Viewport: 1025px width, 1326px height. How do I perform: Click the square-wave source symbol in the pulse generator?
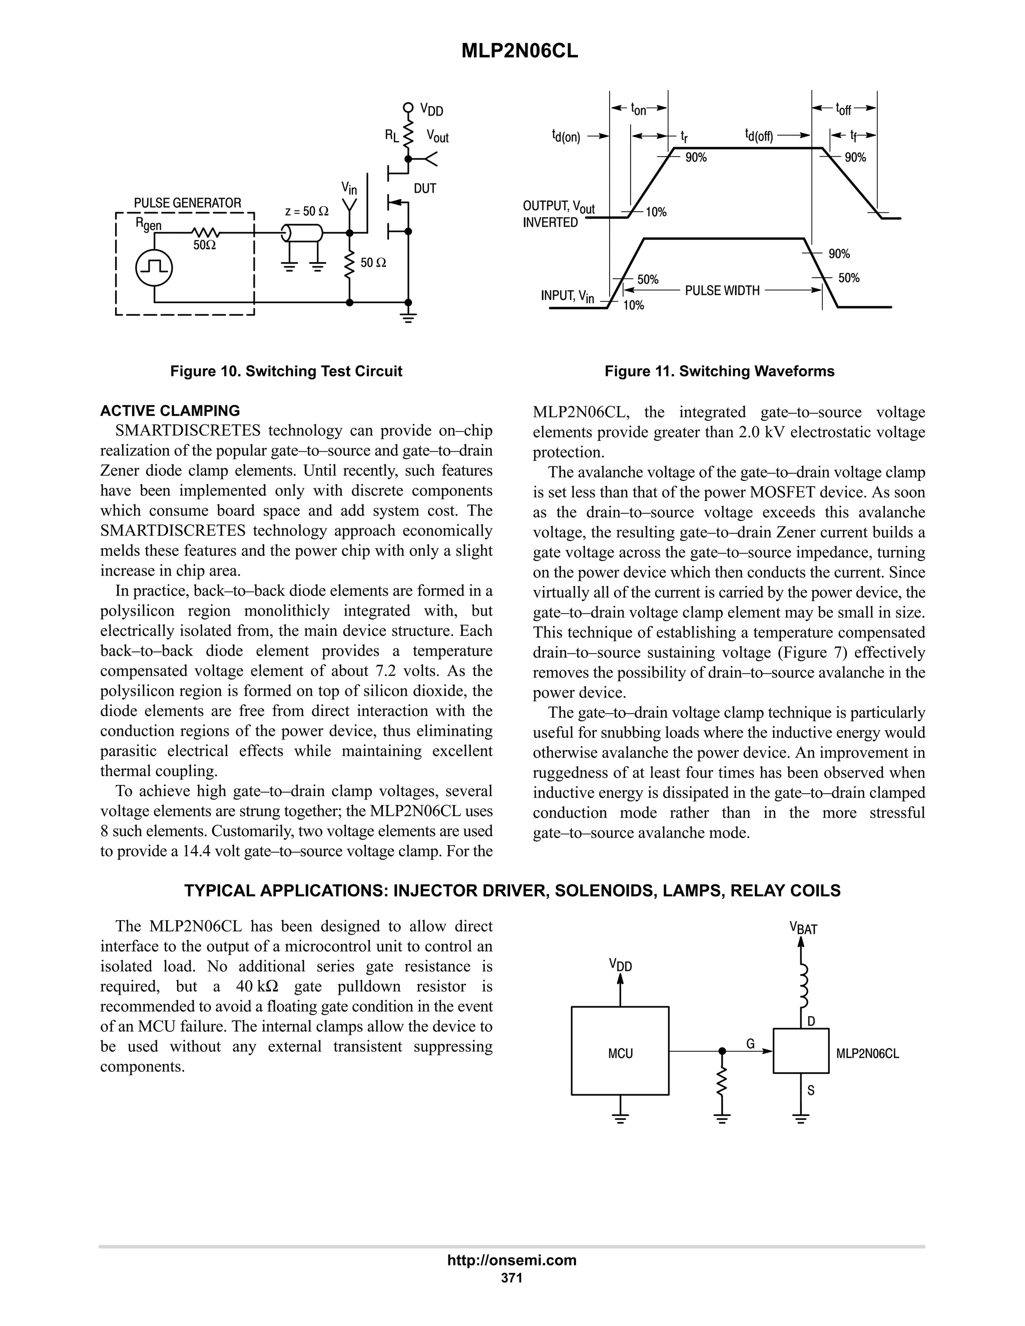pyautogui.click(x=154, y=268)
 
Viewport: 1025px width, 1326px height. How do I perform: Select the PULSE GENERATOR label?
pyautogui.click(x=187, y=203)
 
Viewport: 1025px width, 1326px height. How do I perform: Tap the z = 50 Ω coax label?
pyautogui.click(x=307, y=211)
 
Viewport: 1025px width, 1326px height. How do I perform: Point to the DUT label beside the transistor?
pyautogui.click(x=425, y=189)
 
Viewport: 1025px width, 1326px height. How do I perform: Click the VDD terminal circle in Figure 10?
pyautogui.click(x=408, y=109)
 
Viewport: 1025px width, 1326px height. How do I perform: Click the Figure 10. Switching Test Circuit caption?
pyautogui.click(x=286, y=371)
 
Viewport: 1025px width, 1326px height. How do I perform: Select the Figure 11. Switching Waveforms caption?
pyautogui.click(x=719, y=371)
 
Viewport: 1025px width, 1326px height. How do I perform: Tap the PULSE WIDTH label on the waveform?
pyautogui.click(x=722, y=291)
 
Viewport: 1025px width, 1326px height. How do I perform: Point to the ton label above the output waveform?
pyautogui.click(x=638, y=109)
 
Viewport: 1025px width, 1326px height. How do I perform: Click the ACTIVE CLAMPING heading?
pyautogui.click(x=170, y=410)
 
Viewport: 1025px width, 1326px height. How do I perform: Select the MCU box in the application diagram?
pyautogui.click(x=620, y=1053)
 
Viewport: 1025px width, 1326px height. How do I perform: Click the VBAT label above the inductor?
pyautogui.click(x=803, y=928)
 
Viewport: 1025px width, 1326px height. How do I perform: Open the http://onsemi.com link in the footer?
pyautogui.click(x=512, y=1260)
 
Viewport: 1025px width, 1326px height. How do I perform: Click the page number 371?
pyautogui.click(x=512, y=1277)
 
